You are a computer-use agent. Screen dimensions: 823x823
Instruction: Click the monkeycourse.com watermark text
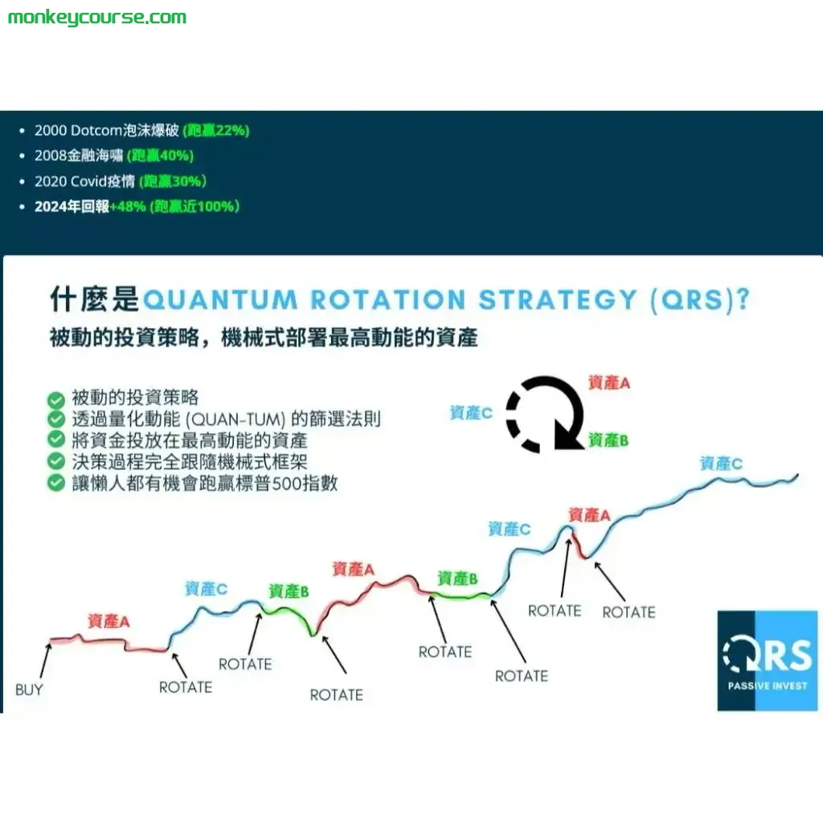click(96, 17)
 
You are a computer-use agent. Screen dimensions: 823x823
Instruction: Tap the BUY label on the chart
click(29, 690)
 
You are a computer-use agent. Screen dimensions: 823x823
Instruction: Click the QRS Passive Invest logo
click(767, 661)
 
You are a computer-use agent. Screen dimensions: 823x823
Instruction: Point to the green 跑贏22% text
click(216, 130)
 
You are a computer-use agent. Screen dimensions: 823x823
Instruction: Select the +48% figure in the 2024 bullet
click(128, 207)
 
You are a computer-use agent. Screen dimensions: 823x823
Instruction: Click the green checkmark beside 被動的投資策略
click(56, 399)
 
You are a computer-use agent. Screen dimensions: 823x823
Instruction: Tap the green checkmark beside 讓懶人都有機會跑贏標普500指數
click(56, 483)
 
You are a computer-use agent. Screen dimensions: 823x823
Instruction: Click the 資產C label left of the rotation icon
click(471, 413)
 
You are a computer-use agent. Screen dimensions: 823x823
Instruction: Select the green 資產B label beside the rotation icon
click(608, 440)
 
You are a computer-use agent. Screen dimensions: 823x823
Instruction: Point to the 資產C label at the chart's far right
click(721, 464)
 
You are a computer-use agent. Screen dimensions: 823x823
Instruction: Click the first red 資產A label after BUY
click(109, 621)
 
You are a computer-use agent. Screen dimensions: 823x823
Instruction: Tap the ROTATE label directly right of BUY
click(186, 687)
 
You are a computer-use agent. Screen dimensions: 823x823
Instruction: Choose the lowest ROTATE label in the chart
click(336, 694)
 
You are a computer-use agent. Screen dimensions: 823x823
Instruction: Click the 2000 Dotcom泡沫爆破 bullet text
click(106, 130)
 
